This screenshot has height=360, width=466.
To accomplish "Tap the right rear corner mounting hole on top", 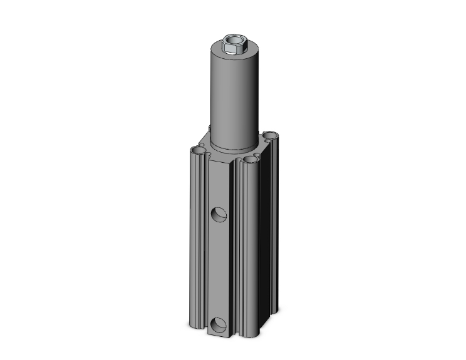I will (270, 135).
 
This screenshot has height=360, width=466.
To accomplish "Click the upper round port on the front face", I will (219, 215).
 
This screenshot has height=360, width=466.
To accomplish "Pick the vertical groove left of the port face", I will (205, 250).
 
